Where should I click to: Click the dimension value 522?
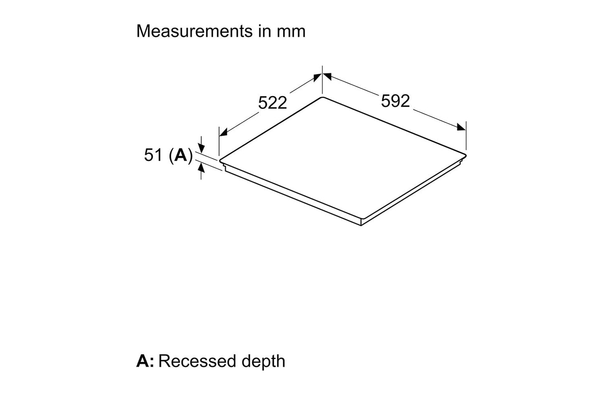(273, 103)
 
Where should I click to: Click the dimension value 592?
(395, 100)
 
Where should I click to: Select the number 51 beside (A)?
(153, 155)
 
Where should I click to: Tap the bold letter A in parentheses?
(181, 155)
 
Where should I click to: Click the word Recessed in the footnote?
(194, 361)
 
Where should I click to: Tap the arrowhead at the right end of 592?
(461, 127)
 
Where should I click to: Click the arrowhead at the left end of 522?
(223, 132)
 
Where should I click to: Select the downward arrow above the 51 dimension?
(201, 148)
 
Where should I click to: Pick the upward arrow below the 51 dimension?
(201, 168)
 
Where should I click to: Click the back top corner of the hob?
(322, 98)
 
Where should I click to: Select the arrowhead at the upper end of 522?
(317, 77)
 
